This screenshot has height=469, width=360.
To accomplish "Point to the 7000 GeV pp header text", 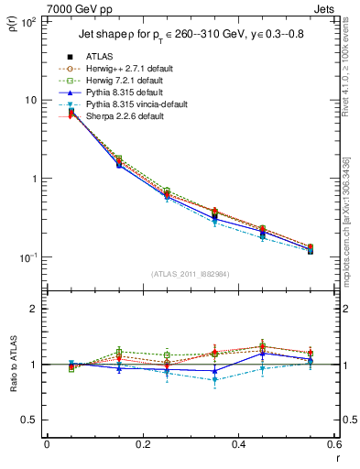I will (x=73, y=8).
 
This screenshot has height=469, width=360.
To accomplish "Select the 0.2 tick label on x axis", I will (x=143, y=446).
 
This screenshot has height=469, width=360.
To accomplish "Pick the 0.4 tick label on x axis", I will (x=239, y=446).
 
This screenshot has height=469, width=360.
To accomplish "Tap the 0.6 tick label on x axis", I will (x=335, y=446).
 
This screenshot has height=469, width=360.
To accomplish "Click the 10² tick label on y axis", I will (x=27, y=20).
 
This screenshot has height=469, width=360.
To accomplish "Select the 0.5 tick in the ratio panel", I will (x=29, y=420).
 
